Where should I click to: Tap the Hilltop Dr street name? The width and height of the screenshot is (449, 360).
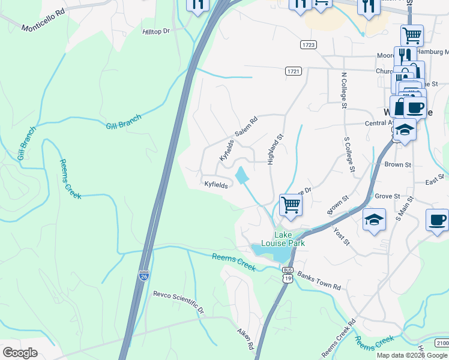(x=157, y=31)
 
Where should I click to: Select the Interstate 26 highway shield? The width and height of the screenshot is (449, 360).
(x=143, y=276)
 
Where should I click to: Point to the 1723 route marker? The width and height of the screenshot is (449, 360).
(x=309, y=45)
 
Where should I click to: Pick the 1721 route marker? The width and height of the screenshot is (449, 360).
(x=293, y=71)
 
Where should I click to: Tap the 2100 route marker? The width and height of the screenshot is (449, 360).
(x=441, y=343)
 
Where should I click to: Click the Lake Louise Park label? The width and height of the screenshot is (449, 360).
(x=289, y=239)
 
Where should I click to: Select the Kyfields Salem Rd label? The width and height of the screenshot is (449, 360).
(x=238, y=139)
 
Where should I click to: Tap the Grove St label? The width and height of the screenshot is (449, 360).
(x=387, y=196)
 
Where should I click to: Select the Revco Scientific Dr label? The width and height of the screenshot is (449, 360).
(x=178, y=302)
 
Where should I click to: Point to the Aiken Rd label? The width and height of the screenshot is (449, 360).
(x=246, y=339)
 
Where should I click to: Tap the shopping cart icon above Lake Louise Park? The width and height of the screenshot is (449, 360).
(x=291, y=205)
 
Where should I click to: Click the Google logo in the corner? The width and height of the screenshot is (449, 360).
(x=20, y=353)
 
